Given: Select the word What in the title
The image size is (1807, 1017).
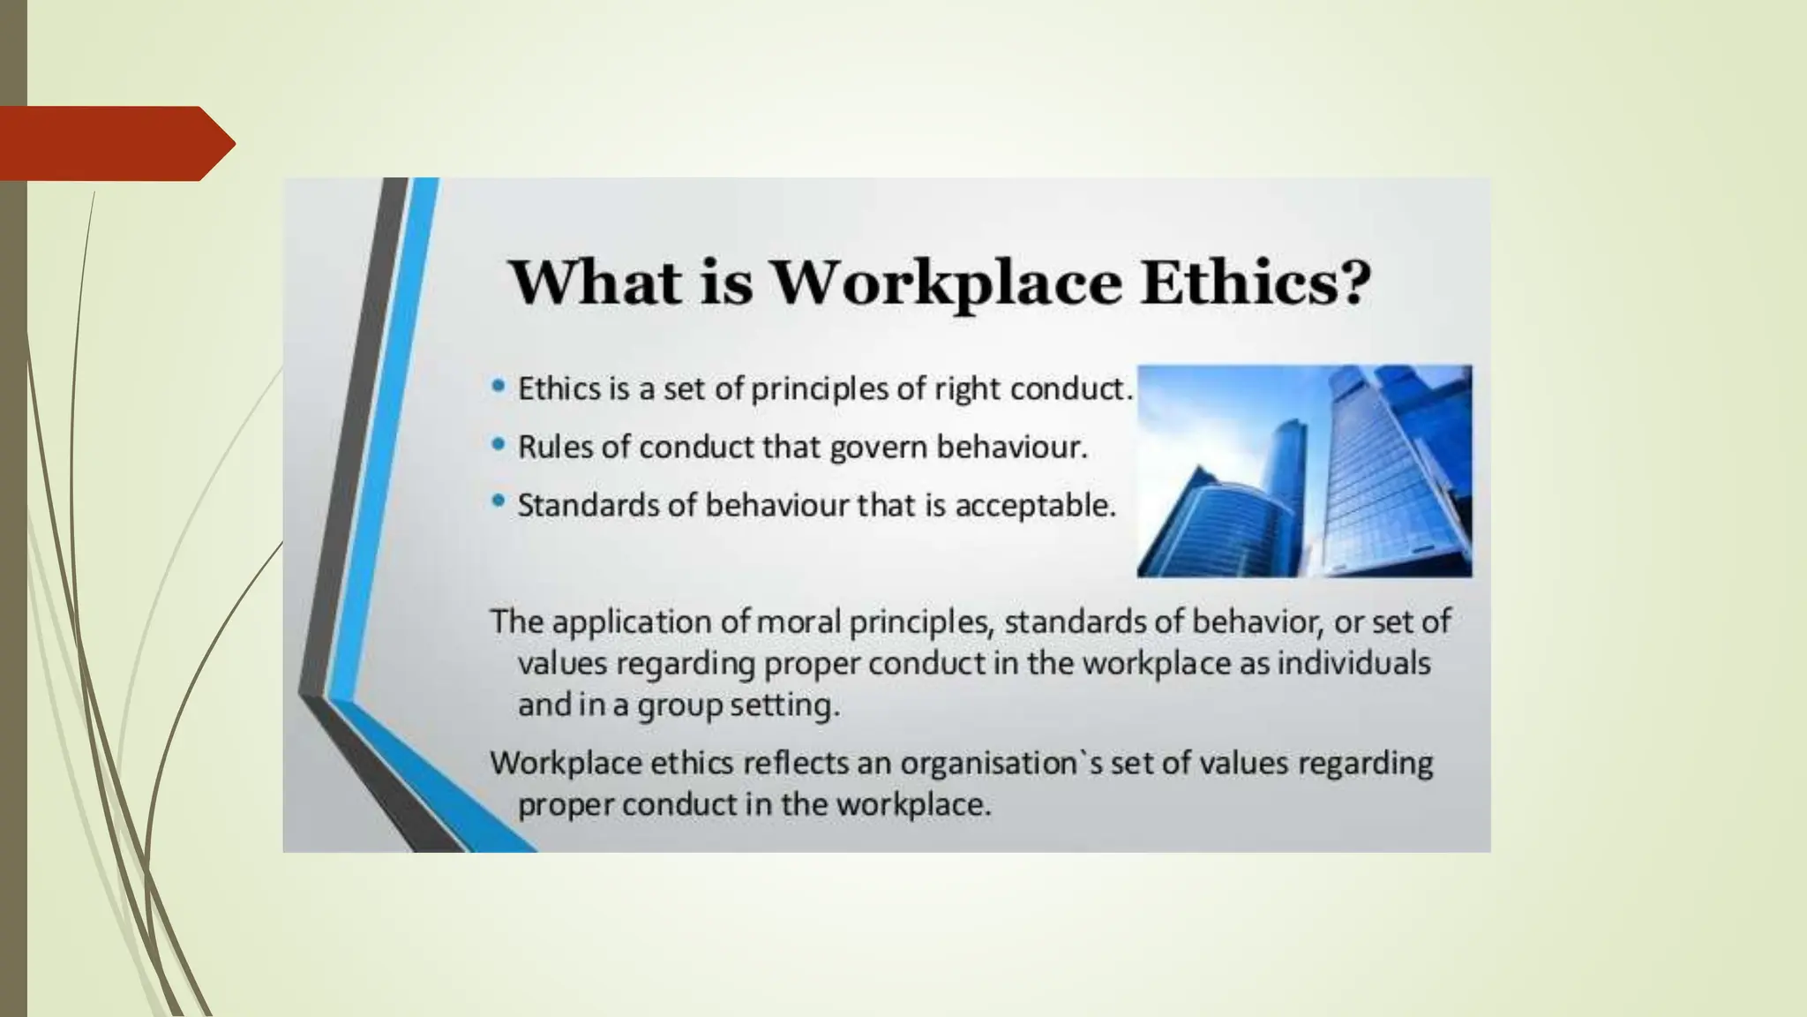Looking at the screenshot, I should coord(596,282).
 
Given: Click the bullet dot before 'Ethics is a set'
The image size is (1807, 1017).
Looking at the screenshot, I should coord(499,386).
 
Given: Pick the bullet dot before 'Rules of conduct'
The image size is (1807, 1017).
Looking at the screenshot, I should coord(499,444).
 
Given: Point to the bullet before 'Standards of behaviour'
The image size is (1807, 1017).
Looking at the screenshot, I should coord(499,502).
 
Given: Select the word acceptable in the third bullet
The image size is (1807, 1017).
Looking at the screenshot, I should coord(1035,506).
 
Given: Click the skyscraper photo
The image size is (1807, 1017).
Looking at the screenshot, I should coord(1304,471).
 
